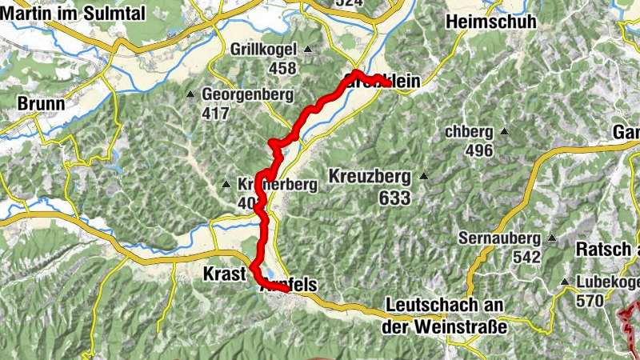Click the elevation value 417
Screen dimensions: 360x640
(x=216, y=114)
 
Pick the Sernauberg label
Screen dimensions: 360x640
(x=502, y=238)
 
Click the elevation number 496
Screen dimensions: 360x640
(x=478, y=150)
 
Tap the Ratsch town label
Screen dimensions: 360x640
(x=600, y=250)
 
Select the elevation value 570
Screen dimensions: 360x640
(x=590, y=301)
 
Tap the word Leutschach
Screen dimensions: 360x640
(x=434, y=306)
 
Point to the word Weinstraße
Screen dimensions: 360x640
(x=459, y=326)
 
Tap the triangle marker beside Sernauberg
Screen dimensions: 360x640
(x=552, y=238)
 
